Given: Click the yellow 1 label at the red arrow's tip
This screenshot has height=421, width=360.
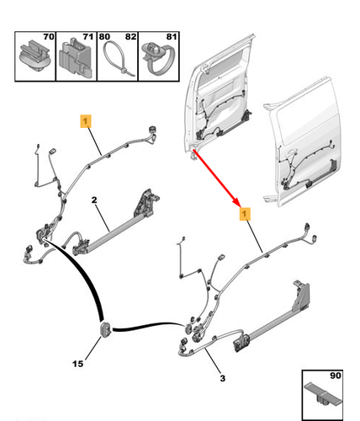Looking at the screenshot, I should tap(246, 216).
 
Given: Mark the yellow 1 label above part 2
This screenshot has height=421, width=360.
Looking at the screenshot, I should tap(85, 120).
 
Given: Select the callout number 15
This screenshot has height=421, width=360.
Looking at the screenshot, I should tap(77, 365).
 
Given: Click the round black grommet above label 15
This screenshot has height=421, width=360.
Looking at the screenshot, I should tap(107, 328).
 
